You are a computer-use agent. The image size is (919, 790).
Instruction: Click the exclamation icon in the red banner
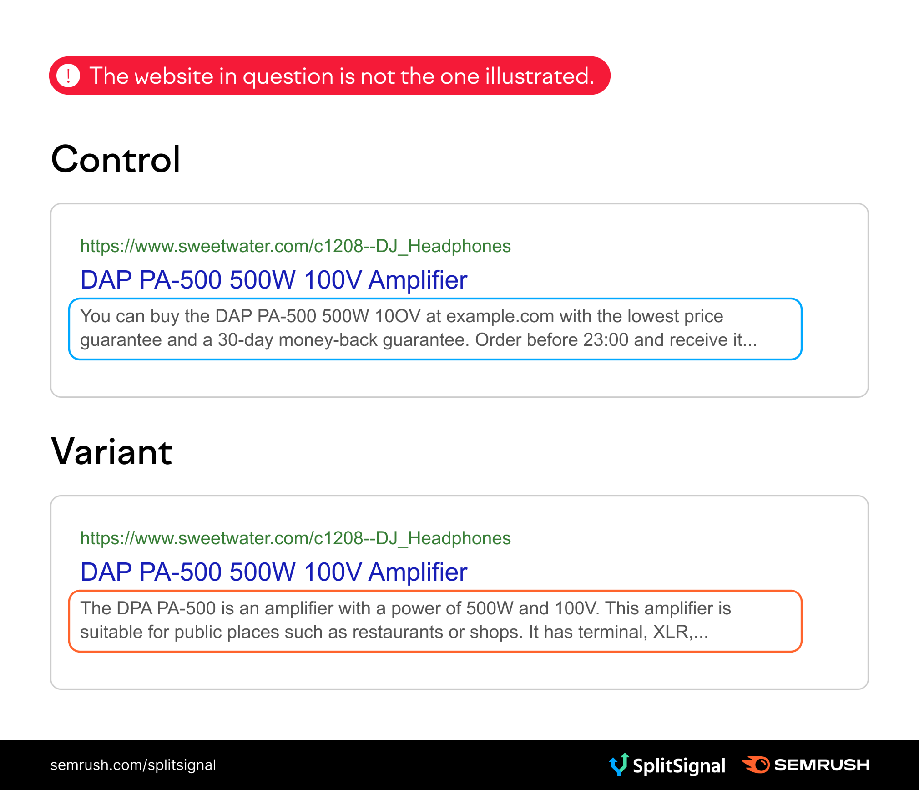pyautogui.click(x=68, y=76)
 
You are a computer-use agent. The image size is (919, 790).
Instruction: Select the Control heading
pyautogui.click(x=116, y=159)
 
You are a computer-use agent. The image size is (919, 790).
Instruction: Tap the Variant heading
pyautogui.click(x=112, y=451)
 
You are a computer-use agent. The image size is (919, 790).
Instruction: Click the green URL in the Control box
pyautogui.click(x=295, y=246)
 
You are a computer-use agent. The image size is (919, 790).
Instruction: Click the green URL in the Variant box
pyautogui.click(x=295, y=538)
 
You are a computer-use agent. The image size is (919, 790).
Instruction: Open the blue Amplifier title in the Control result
pyautogui.click(x=273, y=279)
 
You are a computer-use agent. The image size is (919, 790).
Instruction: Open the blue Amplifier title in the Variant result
pyautogui.click(x=273, y=572)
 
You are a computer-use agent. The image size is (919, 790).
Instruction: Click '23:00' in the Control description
pyautogui.click(x=606, y=340)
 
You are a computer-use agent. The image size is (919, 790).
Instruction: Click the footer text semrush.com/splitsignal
pyautogui.click(x=133, y=765)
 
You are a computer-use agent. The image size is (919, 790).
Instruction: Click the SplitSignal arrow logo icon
pyautogui.click(x=619, y=765)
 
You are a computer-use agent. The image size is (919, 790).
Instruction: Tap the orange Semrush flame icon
pyautogui.click(x=756, y=765)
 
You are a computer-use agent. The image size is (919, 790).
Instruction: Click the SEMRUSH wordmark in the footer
pyautogui.click(x=822, y=765)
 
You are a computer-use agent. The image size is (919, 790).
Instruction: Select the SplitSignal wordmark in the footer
pyautogui.click(x=679, y=766)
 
